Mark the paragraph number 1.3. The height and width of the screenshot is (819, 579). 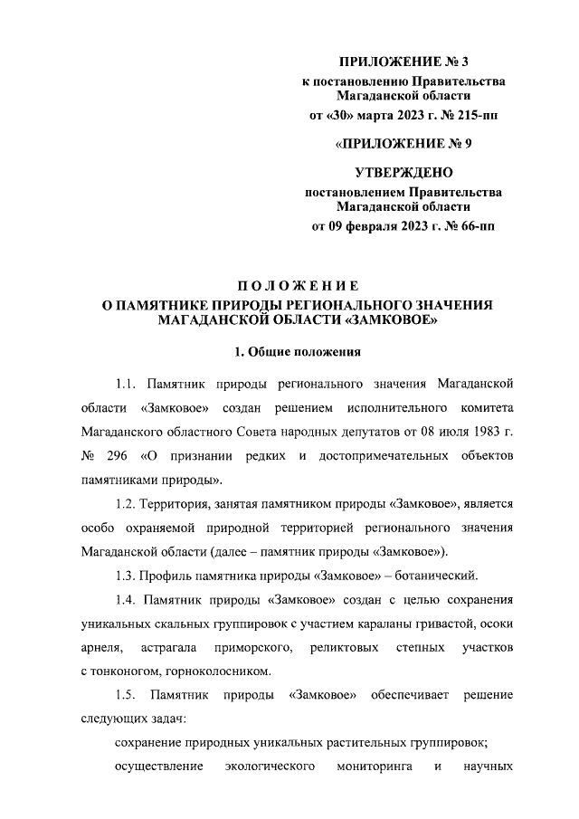(126, 575)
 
